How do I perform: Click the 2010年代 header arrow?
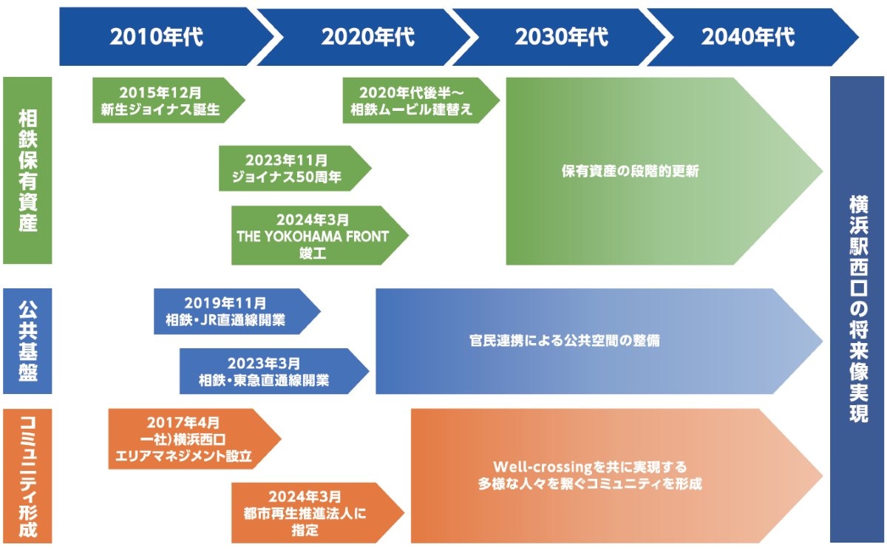[157, 37]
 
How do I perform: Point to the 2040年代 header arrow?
[748, 37]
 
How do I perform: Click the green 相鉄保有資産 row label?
[27, 170]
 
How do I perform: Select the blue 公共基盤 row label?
[27, 341]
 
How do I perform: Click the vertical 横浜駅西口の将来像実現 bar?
[857, 308]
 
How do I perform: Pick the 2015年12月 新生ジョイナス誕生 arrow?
[161, 101]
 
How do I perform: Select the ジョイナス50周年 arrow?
[289, 169]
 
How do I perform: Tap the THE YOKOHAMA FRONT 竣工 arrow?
[313, 236]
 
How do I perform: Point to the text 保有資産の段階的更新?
[630, 171]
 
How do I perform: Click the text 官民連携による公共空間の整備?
[565, 341]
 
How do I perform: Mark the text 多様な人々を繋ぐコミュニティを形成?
[590, 485]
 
